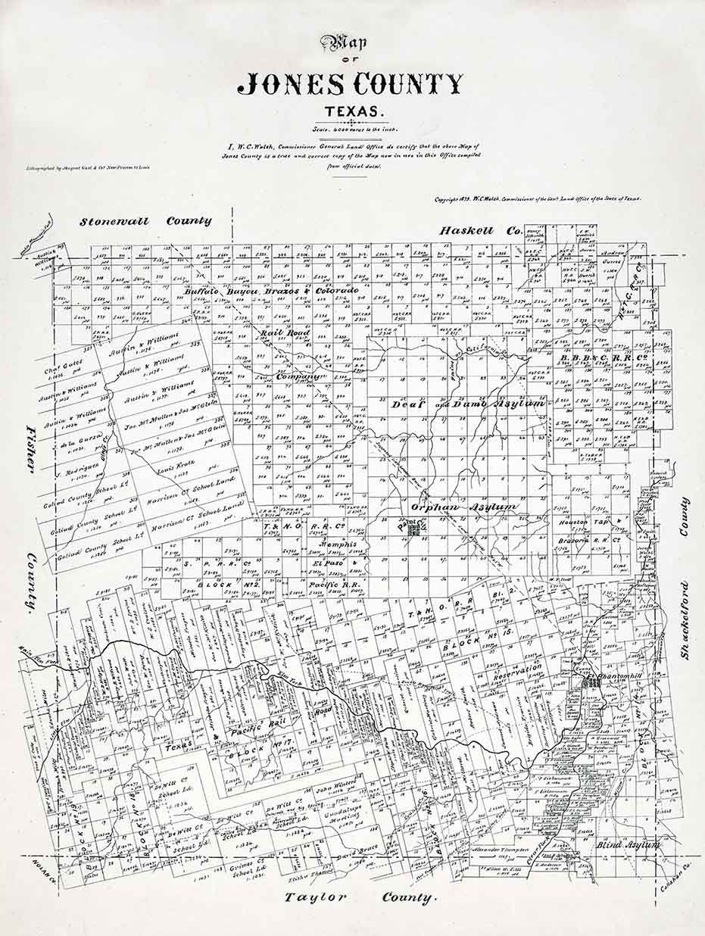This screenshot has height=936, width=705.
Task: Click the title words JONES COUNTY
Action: point(350,84)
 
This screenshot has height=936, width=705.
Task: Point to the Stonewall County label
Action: point(147,221)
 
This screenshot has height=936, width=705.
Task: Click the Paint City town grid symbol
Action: point(413,532)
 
